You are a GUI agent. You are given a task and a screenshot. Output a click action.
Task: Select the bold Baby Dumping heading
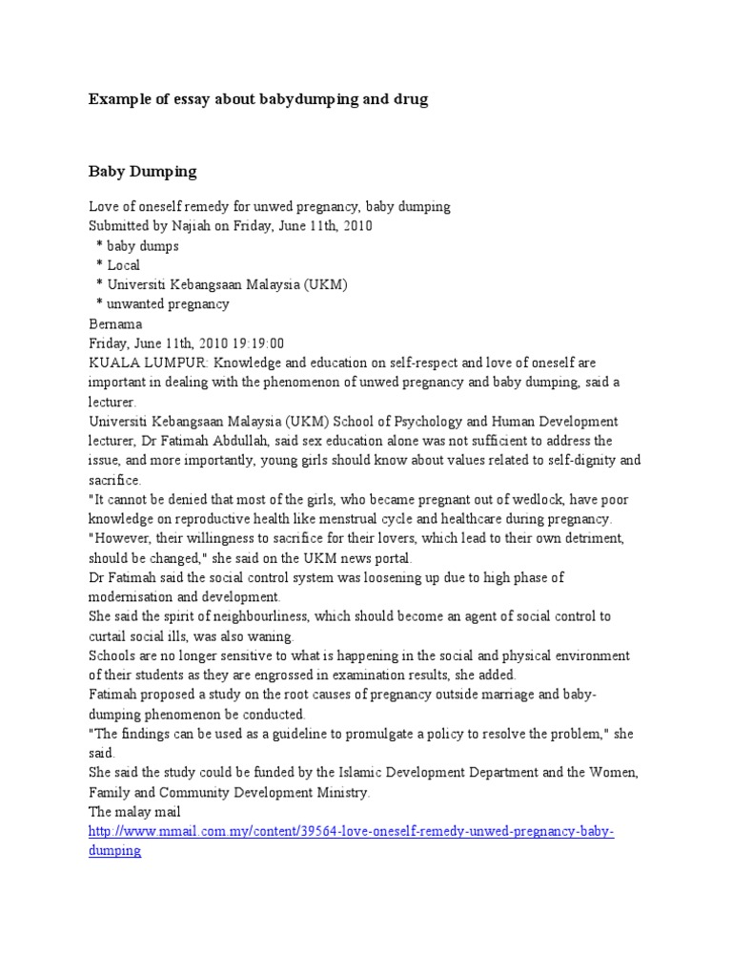coord(142,172)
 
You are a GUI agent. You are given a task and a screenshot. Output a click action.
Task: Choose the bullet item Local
coord(124,265)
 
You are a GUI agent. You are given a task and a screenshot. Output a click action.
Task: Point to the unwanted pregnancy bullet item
coord(169,304)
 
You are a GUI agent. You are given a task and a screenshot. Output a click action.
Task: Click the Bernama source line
coord(114,323)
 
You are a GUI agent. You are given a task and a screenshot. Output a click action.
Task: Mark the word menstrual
coord(408,519)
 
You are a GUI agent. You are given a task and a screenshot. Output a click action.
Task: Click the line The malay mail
coord(135,812)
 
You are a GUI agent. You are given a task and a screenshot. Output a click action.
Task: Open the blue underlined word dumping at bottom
coord(114,851)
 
